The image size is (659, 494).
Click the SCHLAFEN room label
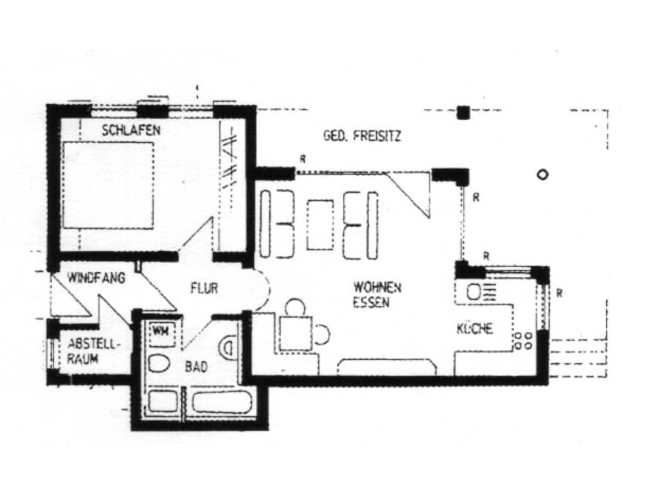131,131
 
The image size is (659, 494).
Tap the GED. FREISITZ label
362,136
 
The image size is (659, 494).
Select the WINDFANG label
96,278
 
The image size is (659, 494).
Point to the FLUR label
204,288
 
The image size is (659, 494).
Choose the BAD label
196,367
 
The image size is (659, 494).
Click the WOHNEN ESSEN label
377,294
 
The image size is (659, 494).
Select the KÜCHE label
474,329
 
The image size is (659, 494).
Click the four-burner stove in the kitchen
523,340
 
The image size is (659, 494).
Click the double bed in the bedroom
108,184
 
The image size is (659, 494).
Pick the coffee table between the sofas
320,225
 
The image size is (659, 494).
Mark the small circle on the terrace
543,175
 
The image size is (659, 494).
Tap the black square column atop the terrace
463,113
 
